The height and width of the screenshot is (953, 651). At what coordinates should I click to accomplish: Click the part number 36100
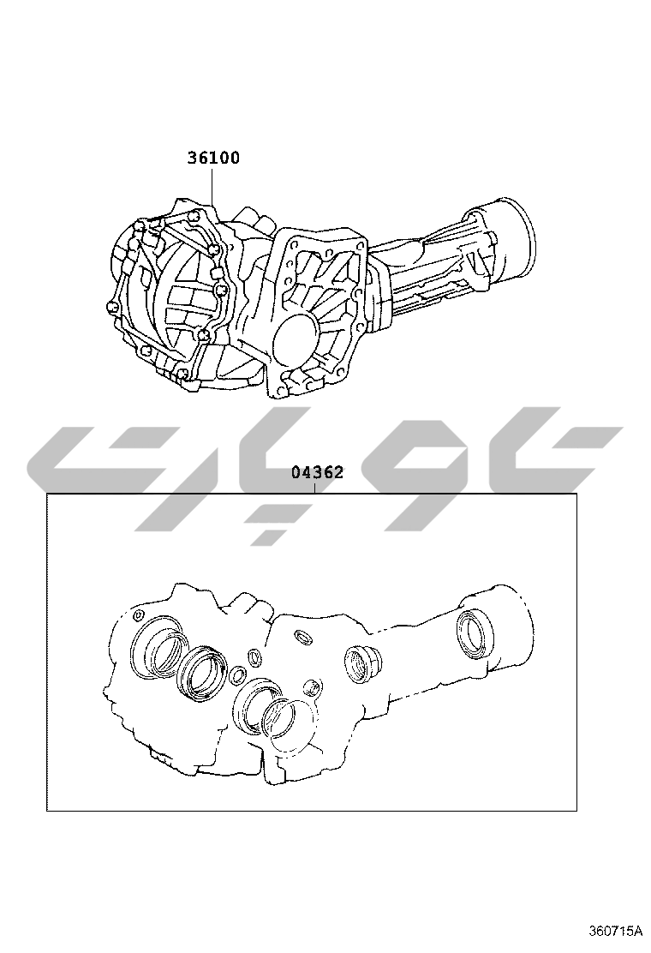click(212, 158)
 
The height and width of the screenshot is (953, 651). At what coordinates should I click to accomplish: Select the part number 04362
click(317, 471)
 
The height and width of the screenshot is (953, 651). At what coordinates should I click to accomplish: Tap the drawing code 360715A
click(615, 930)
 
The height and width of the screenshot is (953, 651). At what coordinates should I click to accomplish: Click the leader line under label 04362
click(315, 487)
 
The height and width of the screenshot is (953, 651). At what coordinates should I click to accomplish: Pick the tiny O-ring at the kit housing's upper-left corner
click(138, 614)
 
